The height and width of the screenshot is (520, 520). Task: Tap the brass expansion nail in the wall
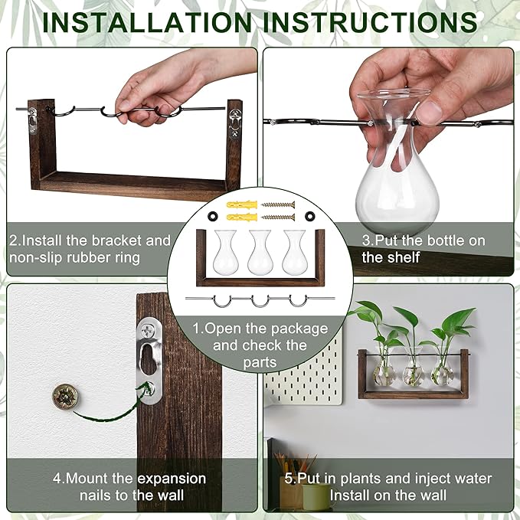[x=64, y=396]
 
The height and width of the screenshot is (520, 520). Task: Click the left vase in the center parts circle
[x=224, y=253]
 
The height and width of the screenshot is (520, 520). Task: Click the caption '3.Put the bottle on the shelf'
[x=423, y=249]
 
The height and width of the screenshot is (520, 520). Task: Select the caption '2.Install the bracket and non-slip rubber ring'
[x=90, y=249]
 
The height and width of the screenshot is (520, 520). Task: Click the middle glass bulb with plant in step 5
[x=414, y=372]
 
